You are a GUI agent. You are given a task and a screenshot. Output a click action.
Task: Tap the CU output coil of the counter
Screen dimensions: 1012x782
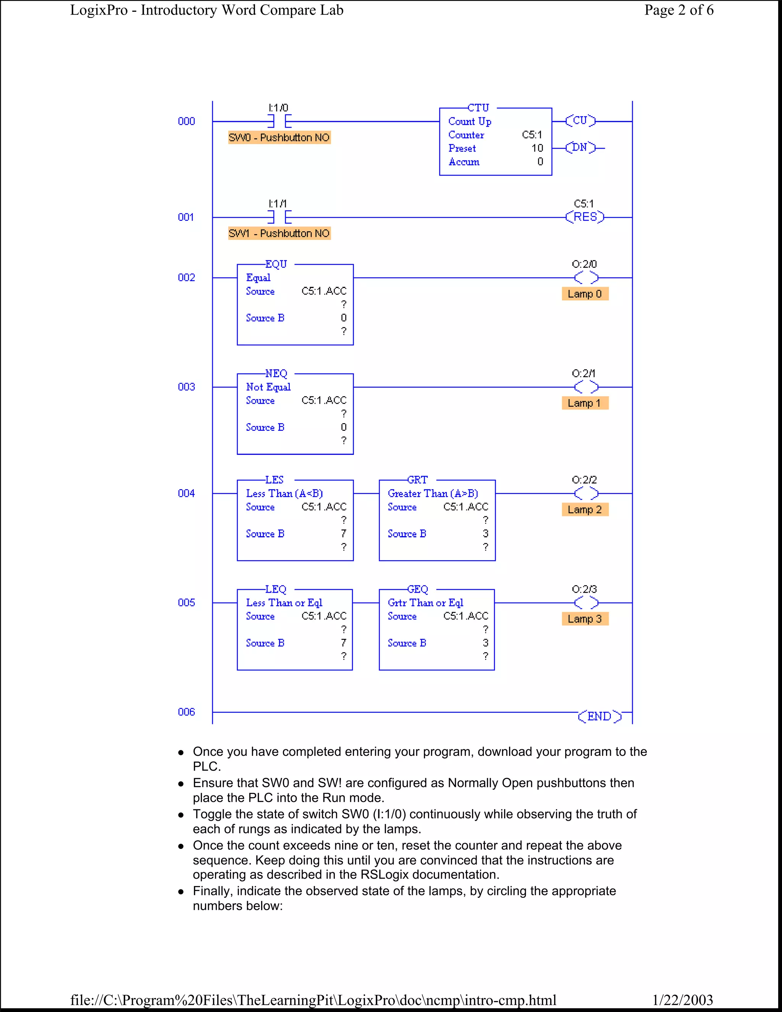(580, 121)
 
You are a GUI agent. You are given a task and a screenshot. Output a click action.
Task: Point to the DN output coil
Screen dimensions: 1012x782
(580, 148)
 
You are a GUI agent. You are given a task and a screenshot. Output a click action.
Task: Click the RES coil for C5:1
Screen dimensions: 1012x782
(585, 217)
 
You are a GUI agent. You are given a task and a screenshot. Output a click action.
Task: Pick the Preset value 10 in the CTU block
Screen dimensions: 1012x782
(537, 148)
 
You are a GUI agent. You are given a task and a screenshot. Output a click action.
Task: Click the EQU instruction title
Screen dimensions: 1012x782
(276, 264)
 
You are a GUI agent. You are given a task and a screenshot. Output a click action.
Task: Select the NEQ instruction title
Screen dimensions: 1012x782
(276, 373)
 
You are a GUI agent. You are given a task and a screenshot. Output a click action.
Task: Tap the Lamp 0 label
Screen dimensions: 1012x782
(585, 294)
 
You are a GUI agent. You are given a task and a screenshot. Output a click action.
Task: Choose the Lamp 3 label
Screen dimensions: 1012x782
(585, 619)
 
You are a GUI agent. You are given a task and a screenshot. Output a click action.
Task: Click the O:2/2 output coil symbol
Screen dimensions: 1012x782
(586, 493)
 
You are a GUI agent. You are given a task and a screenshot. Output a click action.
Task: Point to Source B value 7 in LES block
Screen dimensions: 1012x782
(343, 534)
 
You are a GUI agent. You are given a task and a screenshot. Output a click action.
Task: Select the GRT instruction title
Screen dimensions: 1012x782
(417, 480)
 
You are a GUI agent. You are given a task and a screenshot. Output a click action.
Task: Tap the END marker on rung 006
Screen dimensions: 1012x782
(599, 716)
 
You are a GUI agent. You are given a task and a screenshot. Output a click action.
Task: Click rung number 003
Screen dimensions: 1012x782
(186, 387)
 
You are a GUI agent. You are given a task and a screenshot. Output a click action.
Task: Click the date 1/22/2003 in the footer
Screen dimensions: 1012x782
(682, 1000)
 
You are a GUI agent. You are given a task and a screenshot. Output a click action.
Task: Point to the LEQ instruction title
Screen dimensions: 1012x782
(276, 589)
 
